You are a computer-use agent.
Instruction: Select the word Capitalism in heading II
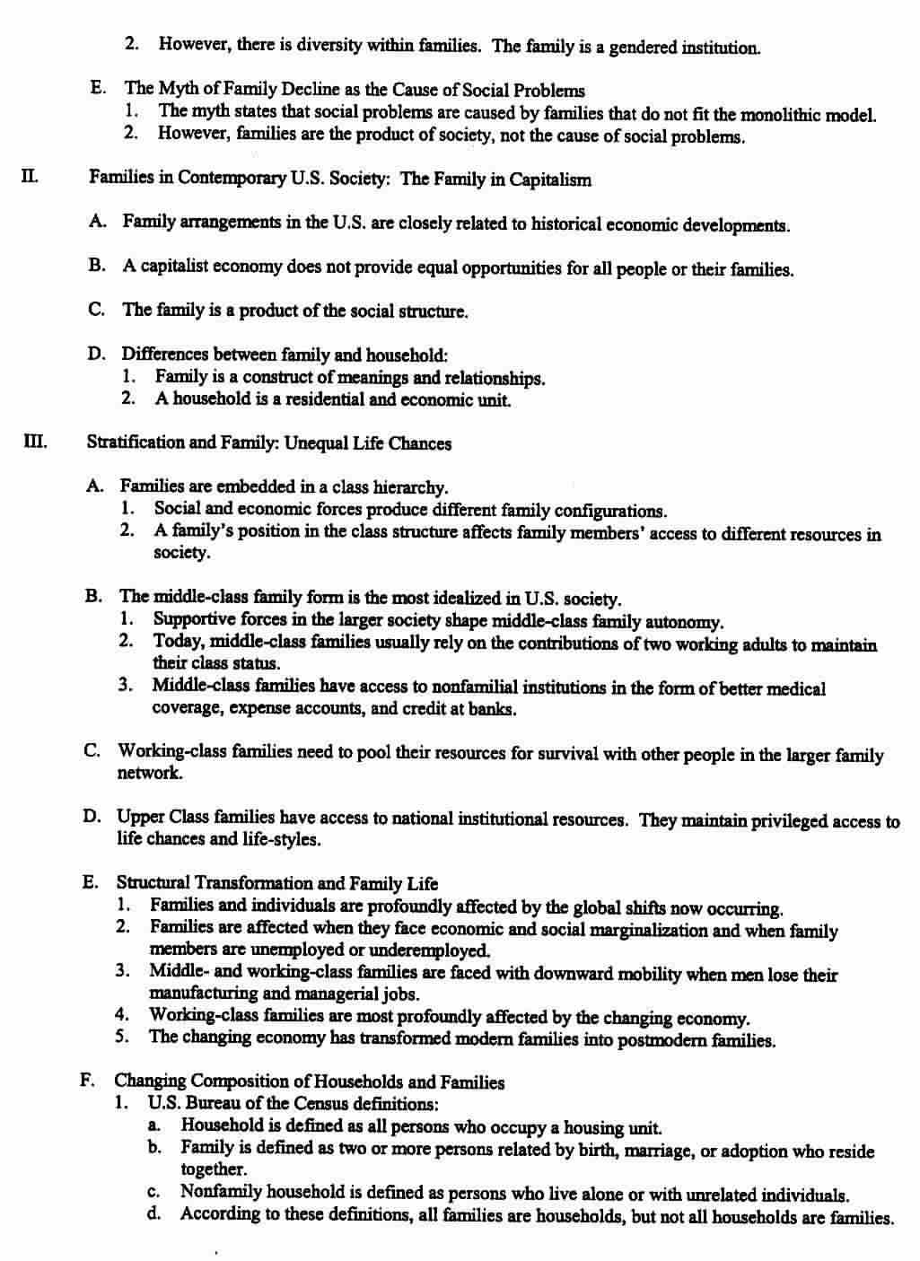click(550, 180)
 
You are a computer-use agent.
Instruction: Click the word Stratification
click(133, 442)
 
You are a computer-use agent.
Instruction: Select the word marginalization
click(649, 930)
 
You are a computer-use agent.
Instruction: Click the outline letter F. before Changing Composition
click(89, 1081)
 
